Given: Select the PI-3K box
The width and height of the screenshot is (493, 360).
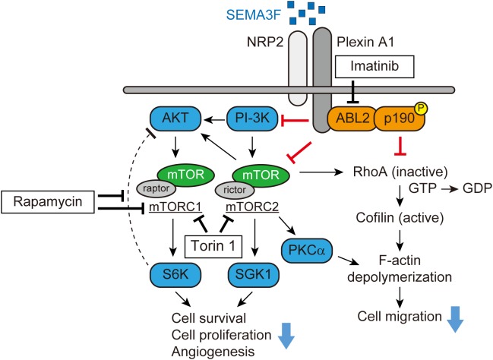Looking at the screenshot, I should (x=250, y=119).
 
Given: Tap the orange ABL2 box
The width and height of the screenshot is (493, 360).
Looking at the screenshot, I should (x=350, y=119).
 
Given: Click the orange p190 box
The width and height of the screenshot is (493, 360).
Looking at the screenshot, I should (x=398, y=119).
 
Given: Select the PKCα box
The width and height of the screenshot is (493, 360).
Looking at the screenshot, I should (x=305, y=249).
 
